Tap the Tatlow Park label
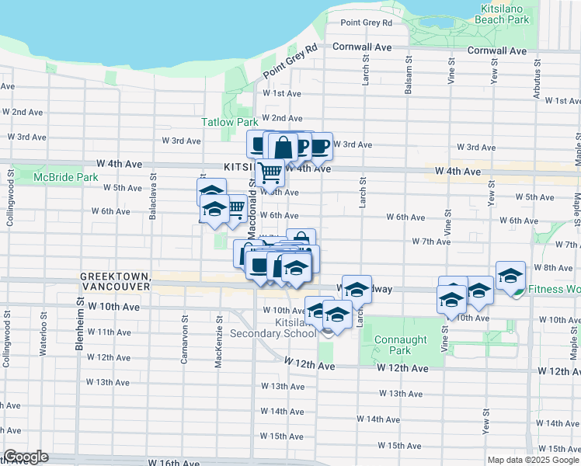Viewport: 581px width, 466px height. click(x=229, y=122)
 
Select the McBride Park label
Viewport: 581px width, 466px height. click(x=65, y=177)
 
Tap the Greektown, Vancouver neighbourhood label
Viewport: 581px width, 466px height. click(x=115, y=281)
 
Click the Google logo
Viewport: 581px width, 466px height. click(x=25, y=457)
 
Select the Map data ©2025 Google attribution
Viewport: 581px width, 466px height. click(x=534, y=460)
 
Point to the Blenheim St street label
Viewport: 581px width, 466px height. click(x=79, y=326)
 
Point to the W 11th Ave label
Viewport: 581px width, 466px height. click(x=109, y=332)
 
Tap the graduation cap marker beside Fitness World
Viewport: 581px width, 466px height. click(x=510, y=276)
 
